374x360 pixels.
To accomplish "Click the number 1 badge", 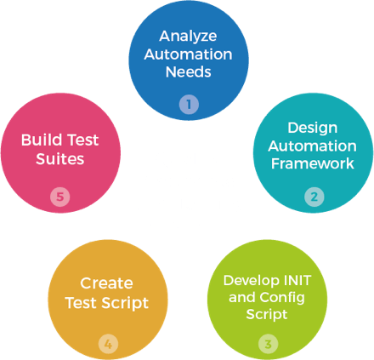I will [x=188, y=106].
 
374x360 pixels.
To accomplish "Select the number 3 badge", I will [x=268, y=345].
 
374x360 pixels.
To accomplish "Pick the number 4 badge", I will [x=107, y=344].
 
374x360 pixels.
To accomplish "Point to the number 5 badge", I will [x=59, y=197].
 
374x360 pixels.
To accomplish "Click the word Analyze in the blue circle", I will [x=188, y=37].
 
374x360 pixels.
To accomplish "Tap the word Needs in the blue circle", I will [x=188, y=72].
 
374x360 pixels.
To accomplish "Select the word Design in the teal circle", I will [x=314, y=128].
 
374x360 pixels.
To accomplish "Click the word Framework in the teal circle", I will [x=314, y=163].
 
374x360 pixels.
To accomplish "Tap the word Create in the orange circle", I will [x=107, y=283].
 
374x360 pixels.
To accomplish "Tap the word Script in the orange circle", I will [x=125, y=302].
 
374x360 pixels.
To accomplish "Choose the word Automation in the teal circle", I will [x=314, y=146].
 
